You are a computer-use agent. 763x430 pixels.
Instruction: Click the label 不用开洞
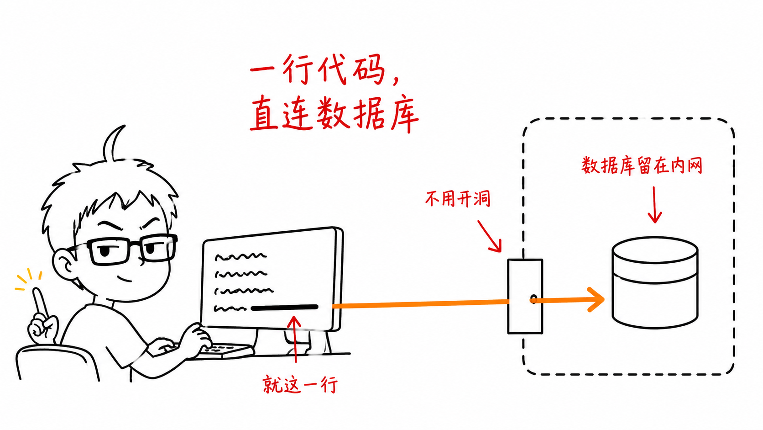point(457,199)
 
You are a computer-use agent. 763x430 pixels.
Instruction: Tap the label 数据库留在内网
point(642,166)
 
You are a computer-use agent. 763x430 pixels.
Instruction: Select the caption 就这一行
point(300,385)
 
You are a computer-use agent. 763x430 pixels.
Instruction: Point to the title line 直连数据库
point(334,113)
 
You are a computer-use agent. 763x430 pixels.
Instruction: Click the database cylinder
point(655,283)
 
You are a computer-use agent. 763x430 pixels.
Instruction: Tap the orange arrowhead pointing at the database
point(596,299)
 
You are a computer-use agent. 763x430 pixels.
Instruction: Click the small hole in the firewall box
point(533,299)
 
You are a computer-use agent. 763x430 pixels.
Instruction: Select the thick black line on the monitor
point(284,308)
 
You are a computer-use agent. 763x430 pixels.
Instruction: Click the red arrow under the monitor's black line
point(295,340)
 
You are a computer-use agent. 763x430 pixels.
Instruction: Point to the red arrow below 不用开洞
point(490,236)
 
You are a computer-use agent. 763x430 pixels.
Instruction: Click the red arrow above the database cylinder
point(654,205)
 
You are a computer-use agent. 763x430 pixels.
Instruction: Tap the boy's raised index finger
point(40,302)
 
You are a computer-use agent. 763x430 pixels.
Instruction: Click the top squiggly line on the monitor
point(240,256)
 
